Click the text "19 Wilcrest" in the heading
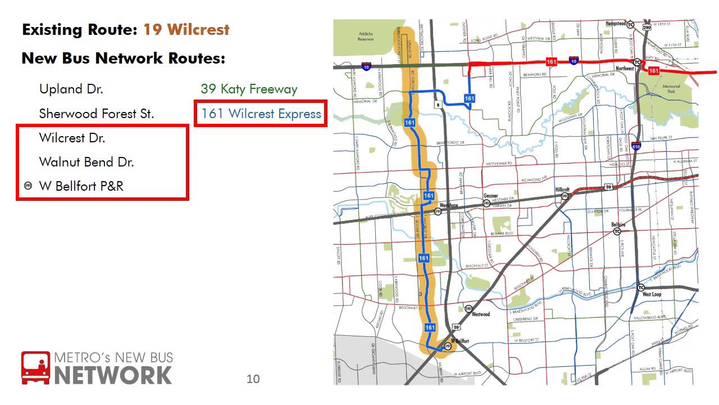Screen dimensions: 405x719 tap(186, 30)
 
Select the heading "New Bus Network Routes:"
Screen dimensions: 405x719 tap(123, 58)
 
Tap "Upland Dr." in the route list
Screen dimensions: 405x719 tap(71, 89)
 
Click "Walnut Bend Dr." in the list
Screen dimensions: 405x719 tap(87, 163)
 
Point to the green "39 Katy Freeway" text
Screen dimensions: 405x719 tap(249, 89)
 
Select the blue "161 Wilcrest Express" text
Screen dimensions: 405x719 tap(261, 114)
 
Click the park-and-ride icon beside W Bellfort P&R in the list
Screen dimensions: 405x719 tap(28, 186)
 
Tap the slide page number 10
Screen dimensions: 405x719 tap(253, 379)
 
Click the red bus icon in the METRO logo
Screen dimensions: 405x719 tap(35, 368)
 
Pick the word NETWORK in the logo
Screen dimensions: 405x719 tap(113, 375)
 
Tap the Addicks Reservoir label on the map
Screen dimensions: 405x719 tap(366, 37)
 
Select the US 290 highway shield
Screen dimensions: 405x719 tap(647, 27)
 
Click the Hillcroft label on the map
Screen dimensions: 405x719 tap(562, 190)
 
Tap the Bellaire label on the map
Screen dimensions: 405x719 tap(618, 224)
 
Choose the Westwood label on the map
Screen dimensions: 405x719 tap(481, 314)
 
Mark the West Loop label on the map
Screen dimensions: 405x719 tap(652, 294)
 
